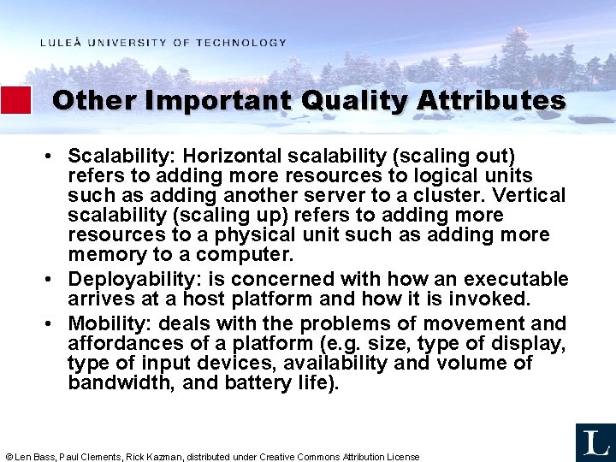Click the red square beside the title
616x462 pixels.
tap(15, 100)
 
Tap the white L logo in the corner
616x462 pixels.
tap(594, 442)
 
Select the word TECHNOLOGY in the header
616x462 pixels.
tap(241, 43)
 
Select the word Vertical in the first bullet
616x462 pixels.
tap(534, 196)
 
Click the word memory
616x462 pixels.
tap(106, 255)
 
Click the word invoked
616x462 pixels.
tap(495, 299)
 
